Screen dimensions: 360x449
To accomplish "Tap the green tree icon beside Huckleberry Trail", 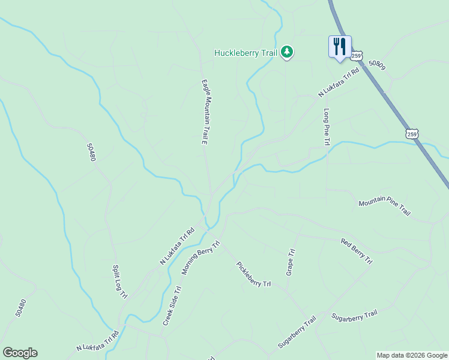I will [x=288, y=52].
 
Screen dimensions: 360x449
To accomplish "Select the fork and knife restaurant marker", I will [x=340, y=46].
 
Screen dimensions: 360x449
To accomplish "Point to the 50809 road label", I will [x=376, y=64].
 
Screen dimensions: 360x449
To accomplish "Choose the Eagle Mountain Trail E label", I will [x=204, y=112].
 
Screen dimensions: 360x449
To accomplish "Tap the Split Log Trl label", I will [x=120, y=281].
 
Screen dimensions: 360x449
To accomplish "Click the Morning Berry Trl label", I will [x=201, y=257].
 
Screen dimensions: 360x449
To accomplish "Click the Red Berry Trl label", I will [x=357, y=251].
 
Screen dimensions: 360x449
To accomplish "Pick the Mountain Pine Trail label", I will [x=384, y=208].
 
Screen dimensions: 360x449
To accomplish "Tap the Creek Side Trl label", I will [x=172, y=306].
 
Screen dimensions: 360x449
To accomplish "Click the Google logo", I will [x=20, y=352].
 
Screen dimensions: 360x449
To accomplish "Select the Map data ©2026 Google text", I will [x=411, y=355].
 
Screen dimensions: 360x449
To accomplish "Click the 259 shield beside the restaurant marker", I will [x=357, y=56].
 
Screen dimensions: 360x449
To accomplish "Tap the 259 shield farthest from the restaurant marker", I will [x=411, y=134].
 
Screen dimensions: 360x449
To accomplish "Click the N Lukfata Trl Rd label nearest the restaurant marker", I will [x=338, y=83].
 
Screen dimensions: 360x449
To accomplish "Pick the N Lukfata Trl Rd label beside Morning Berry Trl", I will [x=177, y=246].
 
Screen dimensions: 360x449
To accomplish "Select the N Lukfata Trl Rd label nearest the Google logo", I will [x=97, y=340].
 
